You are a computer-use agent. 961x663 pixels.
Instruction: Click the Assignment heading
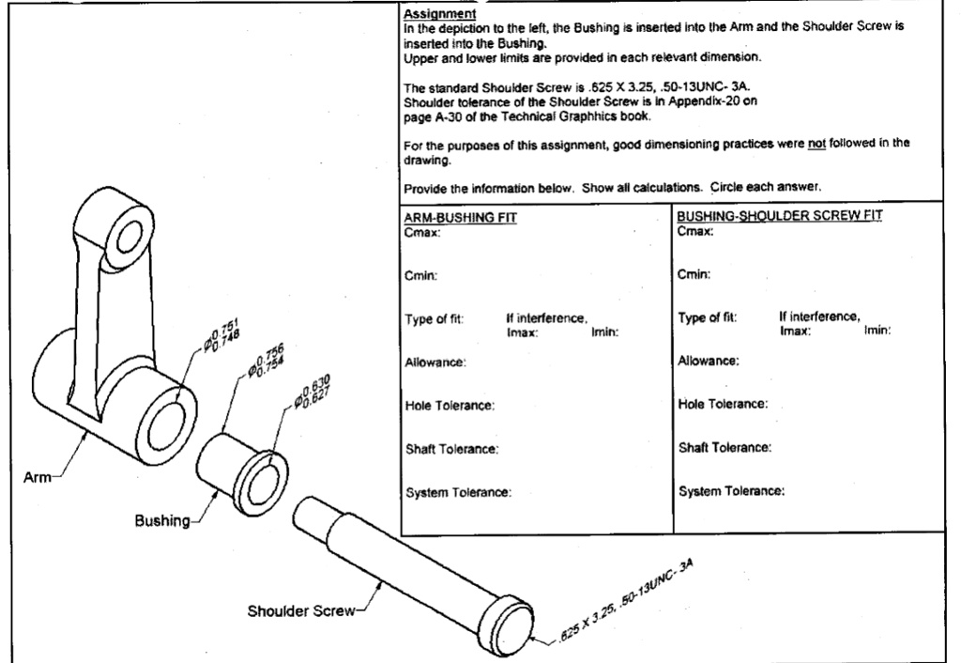[439, 14]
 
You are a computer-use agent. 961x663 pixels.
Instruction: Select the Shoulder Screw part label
[300, 611]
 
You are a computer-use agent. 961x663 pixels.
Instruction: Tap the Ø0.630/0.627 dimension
[312, 391]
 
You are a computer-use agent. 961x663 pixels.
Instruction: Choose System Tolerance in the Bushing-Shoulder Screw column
[731, 491]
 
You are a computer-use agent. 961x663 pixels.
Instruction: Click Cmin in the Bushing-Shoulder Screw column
[693, 275]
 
